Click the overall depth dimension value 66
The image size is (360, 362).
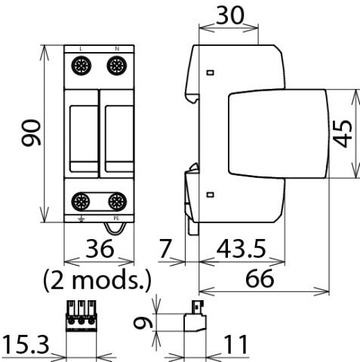tap(262, 278)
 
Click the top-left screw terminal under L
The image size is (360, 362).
tap(81, 67)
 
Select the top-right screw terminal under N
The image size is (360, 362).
tap(115, 67)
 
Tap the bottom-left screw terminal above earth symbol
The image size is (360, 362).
tap(81, 201)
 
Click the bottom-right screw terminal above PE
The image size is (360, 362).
tap(115, 201)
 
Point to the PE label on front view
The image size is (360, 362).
tap(115, 216)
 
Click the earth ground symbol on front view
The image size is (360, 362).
tap(81, 217)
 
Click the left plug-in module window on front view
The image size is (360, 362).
tap(82, 133)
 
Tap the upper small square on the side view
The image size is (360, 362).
tap(210, 73)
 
